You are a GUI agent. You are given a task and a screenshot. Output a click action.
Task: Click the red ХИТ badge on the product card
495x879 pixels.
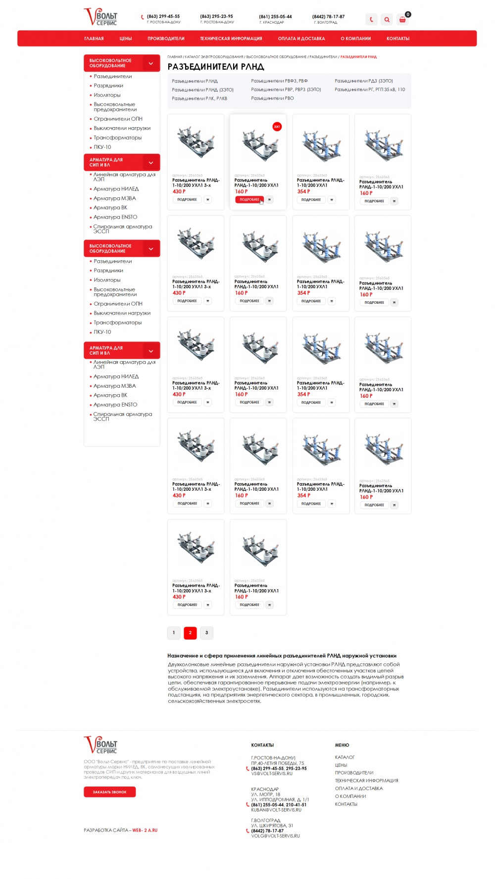(x=277, y=127)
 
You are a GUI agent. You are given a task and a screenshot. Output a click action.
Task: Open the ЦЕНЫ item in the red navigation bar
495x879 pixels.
(x=126, y=39)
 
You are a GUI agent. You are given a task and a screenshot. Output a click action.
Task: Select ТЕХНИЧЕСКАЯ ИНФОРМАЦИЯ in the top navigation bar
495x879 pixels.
(x=231, y=39)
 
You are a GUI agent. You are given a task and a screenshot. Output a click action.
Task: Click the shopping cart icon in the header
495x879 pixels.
(x=402, y=20)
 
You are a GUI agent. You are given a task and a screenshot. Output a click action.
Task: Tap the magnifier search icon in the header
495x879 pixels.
(x=387, y=20)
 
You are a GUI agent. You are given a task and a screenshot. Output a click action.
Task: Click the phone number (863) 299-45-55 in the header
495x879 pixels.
(x=163, y=16)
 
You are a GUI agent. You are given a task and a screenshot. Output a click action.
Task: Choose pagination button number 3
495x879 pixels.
(x=206, y=633)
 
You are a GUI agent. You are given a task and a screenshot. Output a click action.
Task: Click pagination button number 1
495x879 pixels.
(x=174, y=633)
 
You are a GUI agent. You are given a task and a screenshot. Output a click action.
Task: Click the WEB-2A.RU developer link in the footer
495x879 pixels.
(x=145, y=830)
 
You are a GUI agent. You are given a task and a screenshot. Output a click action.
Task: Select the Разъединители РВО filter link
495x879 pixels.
(x=272, y=98)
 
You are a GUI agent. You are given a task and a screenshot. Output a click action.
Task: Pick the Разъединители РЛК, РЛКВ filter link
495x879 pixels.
(x=199, y=98)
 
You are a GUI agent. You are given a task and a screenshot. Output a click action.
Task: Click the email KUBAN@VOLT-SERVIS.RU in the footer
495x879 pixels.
(x=276, y=810)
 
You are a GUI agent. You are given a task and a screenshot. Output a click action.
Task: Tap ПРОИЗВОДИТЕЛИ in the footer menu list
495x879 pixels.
(x=354, y=773)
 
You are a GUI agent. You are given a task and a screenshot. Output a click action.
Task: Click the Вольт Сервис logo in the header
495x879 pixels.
(x=100, y=17)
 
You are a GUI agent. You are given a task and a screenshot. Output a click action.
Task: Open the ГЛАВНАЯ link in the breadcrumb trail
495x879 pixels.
(x=175, y=57)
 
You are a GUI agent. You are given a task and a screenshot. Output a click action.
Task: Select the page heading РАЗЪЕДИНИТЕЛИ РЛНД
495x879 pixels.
(x=216, y=67)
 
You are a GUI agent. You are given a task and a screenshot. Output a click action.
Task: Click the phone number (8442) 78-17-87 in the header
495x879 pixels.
(x=328, y=16)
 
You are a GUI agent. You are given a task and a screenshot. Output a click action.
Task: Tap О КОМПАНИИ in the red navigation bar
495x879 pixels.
(x=355, y=39)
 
